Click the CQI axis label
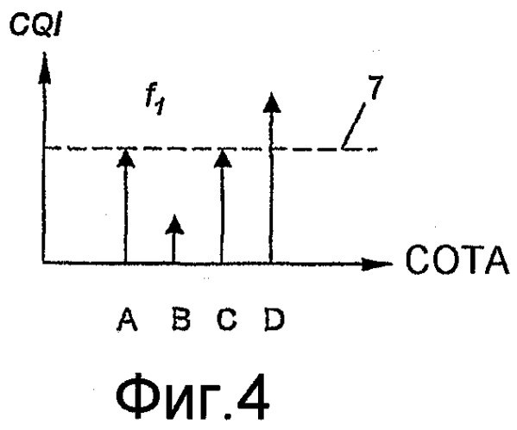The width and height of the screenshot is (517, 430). pyautogui.click(x=35, y=25)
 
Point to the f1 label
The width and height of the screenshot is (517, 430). pyautogui.click(x=155, y=102)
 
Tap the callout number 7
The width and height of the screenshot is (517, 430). pyautogui.click(x=375, y=88)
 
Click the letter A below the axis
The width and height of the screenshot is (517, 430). pyautogui.click(x=127, y=320)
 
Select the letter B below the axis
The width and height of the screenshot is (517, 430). pyautogui.click(x=181, y=320)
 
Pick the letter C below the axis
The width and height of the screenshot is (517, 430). pyautogui.click(x=227, y=320)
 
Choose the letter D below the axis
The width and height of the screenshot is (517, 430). pyautogui.click(x=274, y=320)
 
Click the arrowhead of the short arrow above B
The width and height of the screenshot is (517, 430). pyautogui.click(x=174, y=225)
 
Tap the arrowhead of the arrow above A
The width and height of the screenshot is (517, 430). pyautogui.click(x=126, y=158)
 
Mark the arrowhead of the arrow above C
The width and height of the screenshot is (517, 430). pyautogui.click(x=223, y=158)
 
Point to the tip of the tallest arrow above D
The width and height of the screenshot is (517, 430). pyautogui.click(x=271, y=92)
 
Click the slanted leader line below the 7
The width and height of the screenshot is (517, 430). pyautogui.click(x=354, y=127)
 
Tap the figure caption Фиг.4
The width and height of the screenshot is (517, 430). pyautogui.click(x=192, y=396)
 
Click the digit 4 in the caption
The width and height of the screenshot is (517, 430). pyautogui.click(x=251, y=396)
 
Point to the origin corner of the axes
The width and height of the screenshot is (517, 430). pyautogui.click(x=43, y=263)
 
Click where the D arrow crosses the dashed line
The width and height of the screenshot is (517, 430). pyautogui.click(x=271, y=149)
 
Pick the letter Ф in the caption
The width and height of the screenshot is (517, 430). pyautogui.click(x=138, y=396)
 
